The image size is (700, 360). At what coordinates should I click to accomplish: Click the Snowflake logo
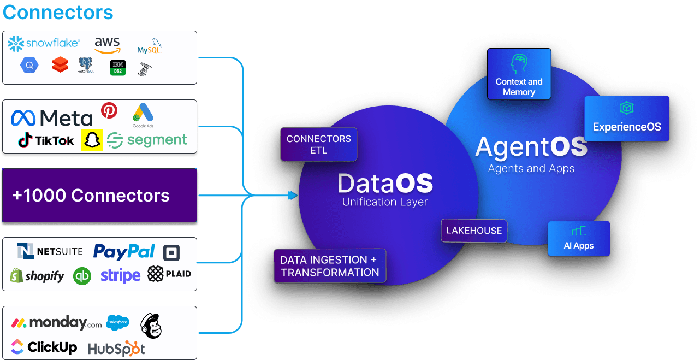tap(44, 44)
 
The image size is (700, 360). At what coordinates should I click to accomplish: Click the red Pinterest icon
tap(109, 111)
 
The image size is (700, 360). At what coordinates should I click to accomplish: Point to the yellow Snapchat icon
tap(92, 140)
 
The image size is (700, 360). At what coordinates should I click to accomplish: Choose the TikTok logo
tap(46, 140)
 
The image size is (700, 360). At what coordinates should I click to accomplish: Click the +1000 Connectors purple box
tap(99, 196)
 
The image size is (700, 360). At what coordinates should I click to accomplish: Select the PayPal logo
tap(124, 251)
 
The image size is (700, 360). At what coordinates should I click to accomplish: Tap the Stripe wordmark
tap(120, 275)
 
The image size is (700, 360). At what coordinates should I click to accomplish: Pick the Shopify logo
tap(37, 276)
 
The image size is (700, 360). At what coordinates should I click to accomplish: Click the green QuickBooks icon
tap(82, 276)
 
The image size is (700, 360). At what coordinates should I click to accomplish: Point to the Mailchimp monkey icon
tap(151, 326)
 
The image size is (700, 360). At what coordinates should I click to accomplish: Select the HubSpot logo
tap(116, 349)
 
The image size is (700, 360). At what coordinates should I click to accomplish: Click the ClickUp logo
tap(44, 347)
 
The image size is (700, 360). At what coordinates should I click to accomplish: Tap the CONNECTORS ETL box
tap(319, 144)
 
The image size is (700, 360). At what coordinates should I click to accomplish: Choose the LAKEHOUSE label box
tap(474, 231)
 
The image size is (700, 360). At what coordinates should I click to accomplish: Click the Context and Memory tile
tap(519, 74)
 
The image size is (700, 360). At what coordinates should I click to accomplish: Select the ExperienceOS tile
tap(627, 119)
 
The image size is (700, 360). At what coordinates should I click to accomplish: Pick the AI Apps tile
tap(579, 238)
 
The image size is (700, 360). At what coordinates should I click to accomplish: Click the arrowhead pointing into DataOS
tap(293, 196)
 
